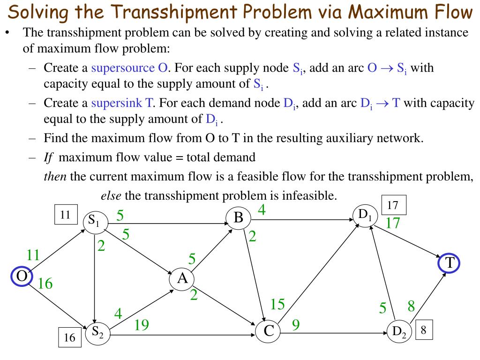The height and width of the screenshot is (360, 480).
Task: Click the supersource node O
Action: tap(22, 276)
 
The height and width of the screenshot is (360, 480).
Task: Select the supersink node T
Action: tap(450, 263)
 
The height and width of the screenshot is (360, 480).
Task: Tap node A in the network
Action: tap(182, 279)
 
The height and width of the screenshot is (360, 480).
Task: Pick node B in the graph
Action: tap(238, 218)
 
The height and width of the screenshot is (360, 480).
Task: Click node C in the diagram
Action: tap(268, 331)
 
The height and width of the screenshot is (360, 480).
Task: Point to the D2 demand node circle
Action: tap(399, 332)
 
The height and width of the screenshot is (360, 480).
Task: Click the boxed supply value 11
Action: tap(65, 215)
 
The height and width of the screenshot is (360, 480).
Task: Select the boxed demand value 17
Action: tap(393, 205)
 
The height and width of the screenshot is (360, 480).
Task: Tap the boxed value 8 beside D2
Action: tap(423, 330)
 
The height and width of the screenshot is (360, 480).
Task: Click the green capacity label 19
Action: tap(142, 324)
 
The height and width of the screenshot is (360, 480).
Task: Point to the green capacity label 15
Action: tap(277, 305)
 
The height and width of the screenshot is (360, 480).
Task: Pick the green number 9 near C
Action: tap(296, 324)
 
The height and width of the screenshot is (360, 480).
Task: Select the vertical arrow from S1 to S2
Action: tap(95, 277)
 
